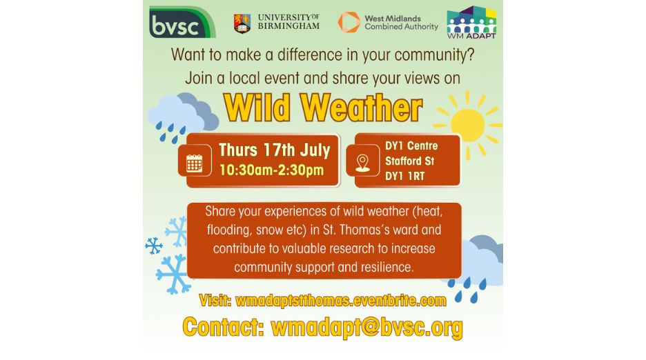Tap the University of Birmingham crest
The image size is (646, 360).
(242, 22)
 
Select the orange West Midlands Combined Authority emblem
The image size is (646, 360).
(349, 22)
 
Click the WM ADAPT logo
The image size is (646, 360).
(471, 22)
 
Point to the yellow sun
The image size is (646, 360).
(467, 125)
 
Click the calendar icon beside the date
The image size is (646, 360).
(195, 163)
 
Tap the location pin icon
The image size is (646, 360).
(363, 163)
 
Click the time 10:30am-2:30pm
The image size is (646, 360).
(271, 170)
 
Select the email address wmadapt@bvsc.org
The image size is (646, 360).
(366, 327)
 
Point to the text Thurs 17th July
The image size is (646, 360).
(274, 150)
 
